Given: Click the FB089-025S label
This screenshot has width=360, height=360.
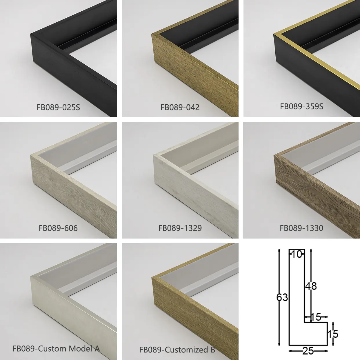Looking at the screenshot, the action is pyautogui.click(x=58, y=108).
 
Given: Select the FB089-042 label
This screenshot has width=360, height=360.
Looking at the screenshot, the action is pyautogui.click(x=180, y=108).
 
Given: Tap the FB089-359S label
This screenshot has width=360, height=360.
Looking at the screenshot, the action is pyautogui.click(x=301, y=106).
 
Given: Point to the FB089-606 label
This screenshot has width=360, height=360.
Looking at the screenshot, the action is pyautogui.click(x=58, y=228).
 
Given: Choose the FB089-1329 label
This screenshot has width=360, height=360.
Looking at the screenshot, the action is pyautogui.click(x=180, y=228).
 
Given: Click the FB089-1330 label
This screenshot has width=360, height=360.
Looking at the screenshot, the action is pyautogui.click(x=301, y=228).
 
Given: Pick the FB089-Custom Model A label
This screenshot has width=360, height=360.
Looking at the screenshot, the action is pyautogui.click(x=56, y=349).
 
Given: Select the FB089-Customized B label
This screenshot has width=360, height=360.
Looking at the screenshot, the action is pyautogui.click(x=177, y=350).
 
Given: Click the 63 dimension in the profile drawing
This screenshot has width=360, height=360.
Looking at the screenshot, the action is pyautogui.click(x=282, y=297).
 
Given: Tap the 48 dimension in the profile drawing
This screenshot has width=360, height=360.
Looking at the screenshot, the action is pyautogui.click(x=311, y=286).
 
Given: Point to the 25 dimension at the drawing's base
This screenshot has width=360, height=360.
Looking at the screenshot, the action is pyautogui.click(x=308, y=351).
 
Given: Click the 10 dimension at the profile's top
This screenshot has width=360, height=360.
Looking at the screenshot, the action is pyautogui.click(x=297, y=254).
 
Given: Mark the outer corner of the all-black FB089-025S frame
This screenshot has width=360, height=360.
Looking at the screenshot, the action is pyautogui.click(x=30, y=34).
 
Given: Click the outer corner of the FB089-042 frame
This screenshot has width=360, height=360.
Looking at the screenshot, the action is pyautogui.click(x=152, y=34).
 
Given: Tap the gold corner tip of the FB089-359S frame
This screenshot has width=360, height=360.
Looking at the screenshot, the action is pyautogui.click(x=274, y=34).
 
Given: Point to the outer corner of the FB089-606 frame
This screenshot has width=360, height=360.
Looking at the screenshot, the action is pyautogui.click(x=30, y=155).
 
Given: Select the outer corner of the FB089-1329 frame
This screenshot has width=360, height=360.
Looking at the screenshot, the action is pyautogui.click(x=153, y=155).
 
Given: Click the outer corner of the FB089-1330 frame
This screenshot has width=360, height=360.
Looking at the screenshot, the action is pyautogui.click(x=274, y=155).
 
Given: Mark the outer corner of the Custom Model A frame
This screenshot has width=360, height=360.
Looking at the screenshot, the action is pyautogui.click(x=30, y=276).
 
